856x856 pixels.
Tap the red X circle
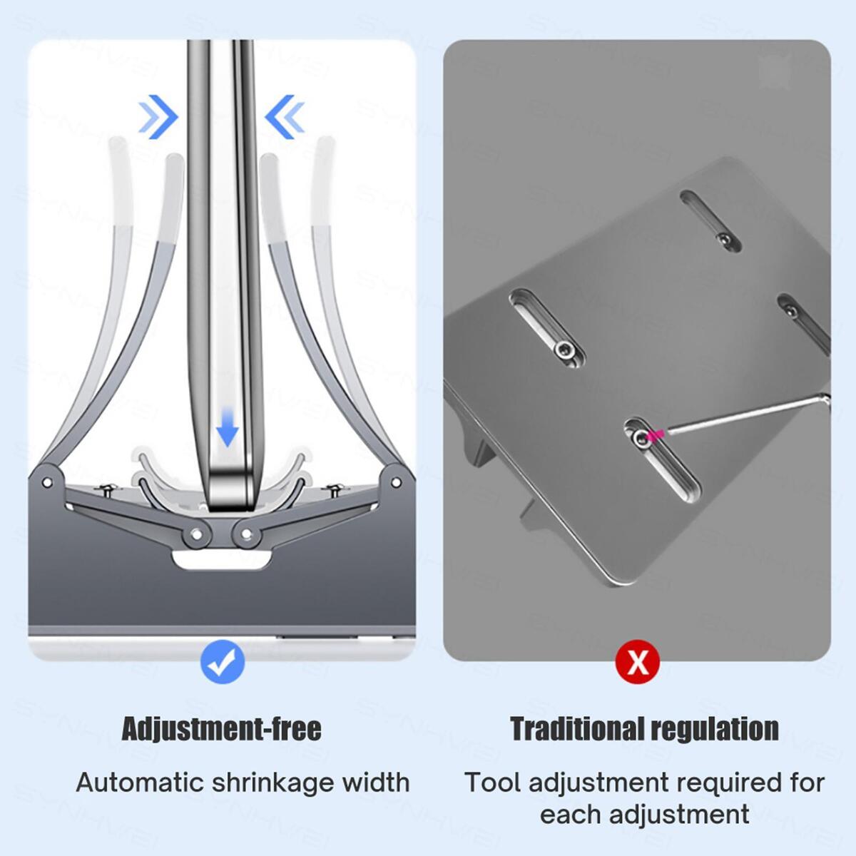tap(638, 663)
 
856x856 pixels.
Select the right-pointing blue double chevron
tap(158, 116)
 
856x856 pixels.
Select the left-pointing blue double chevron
tap(285, 116)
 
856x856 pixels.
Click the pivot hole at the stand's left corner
tap(48, 482)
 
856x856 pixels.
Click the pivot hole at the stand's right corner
tap(397, 482)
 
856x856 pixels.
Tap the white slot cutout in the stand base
tap(222, 559)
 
